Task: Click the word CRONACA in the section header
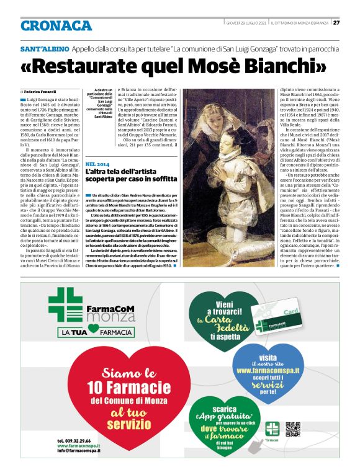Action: click(x=56, y=26)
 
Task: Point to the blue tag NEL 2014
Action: click(x=99, y=162)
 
